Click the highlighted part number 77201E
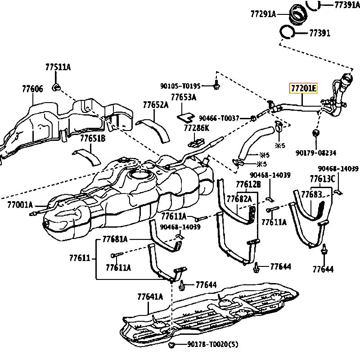(x=303, y=88)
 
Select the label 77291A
(x=263, y=13)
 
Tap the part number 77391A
(x=347, y=5)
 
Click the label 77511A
(x=58, y=67)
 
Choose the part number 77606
(x=32, y=89)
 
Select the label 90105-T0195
(x=186, y=85)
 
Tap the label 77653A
(x=184, y=97)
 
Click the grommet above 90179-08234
(x=315, y=133)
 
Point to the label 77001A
(x=20, y=205)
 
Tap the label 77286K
(x=197, y=128)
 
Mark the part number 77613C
(x=322, y=179)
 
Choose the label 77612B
(x=248, y=184)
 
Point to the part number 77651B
(x=93, y=138)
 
